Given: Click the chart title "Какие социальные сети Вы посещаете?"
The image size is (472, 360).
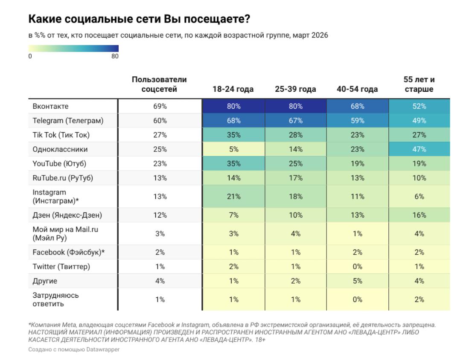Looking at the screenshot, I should (139, 19).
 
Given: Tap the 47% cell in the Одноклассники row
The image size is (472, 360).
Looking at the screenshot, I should (419, 149).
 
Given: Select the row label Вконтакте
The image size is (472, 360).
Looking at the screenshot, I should (50, 106).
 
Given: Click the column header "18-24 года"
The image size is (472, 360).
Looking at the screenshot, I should (233, 89).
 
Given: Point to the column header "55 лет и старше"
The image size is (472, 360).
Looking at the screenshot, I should (419, 85).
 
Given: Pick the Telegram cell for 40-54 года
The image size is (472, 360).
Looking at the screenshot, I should (358, 121).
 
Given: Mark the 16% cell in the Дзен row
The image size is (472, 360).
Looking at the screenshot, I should (419, 215).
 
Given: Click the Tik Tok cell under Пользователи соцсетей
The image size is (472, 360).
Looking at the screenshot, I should (159, 135).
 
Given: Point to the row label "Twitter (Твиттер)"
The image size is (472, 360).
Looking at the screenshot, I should (61, 267).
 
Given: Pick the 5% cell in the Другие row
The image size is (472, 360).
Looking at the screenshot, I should (358, 281).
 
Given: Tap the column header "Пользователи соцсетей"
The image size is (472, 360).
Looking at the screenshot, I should (159, 85).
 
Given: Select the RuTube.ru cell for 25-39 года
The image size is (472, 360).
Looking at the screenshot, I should (295, 178).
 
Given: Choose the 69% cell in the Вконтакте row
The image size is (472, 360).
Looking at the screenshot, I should (159, 106).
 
